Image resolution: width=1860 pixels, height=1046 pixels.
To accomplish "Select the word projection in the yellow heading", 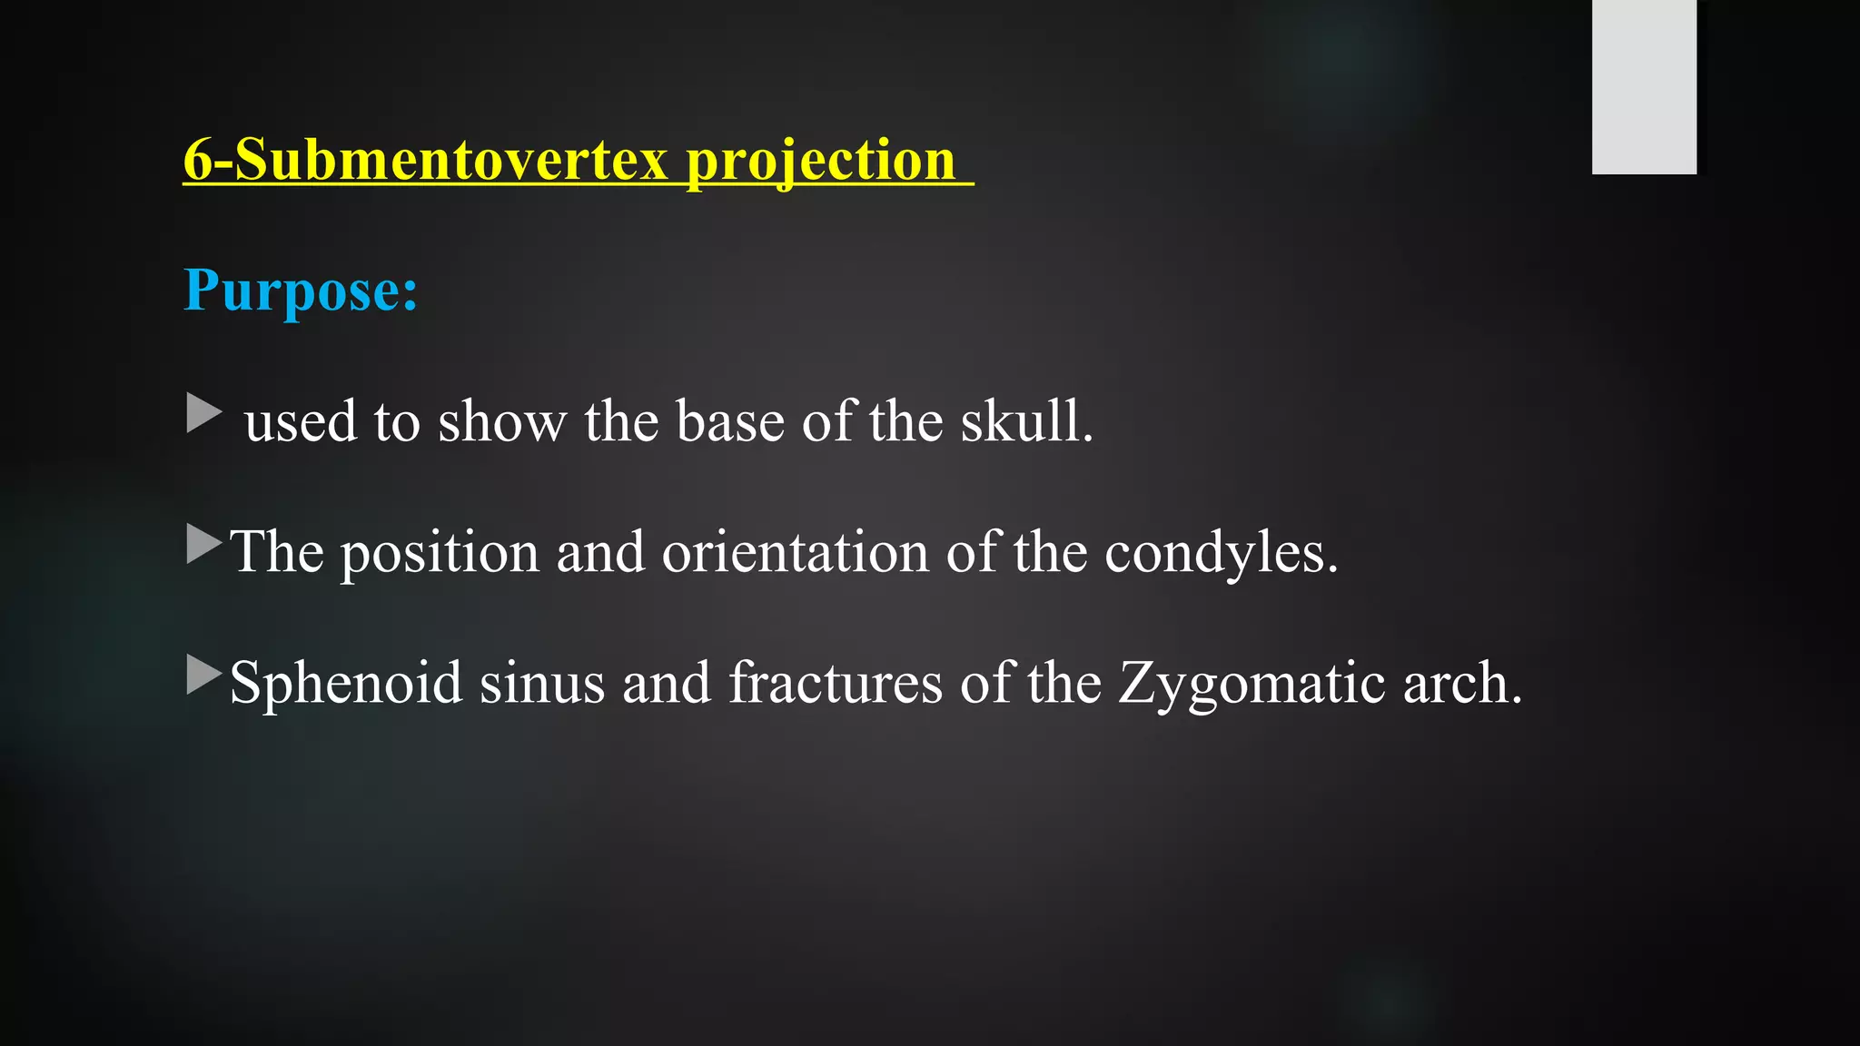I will [820, 162].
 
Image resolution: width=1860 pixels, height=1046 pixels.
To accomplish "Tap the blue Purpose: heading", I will [301, 291].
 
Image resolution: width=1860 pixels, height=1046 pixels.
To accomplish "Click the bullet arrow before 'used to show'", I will [203, 413].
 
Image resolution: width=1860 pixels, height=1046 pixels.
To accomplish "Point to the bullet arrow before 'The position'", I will [203, 544].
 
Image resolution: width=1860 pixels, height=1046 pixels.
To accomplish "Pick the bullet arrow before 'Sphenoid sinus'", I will [203, 675].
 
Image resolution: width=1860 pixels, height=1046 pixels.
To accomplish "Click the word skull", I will [1027, 421].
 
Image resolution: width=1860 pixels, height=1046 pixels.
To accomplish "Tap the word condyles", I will [1221, 552].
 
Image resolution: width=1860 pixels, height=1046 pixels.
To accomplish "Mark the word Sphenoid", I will [346, 682].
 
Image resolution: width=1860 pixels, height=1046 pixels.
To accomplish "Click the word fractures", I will [836, 683].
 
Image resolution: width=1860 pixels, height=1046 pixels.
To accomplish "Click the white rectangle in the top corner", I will [1644, 86].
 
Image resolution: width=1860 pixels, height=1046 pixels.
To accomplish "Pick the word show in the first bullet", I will [501, 421].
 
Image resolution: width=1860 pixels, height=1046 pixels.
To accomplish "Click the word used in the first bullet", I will [301, 423].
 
